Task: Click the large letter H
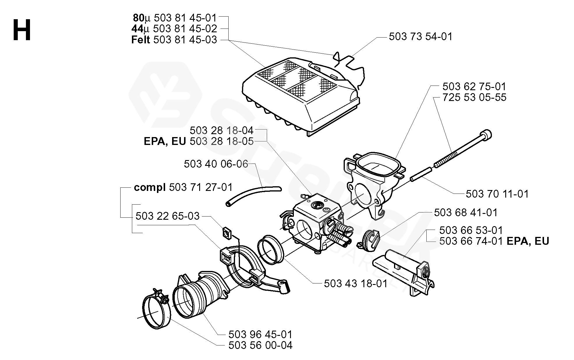tap(22, 31)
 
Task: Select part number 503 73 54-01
tap(421, 37)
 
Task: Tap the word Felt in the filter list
tap(141, 40)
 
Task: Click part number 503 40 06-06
tap(216, 164)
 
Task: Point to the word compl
tap(150, 187)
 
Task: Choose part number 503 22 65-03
tap(167, 216)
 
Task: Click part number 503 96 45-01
tap(260, 334)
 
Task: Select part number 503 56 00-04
tap(260, 345)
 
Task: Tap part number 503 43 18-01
tap(356, 283)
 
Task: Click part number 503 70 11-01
tap(497, 194)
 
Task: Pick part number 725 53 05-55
tap(474, 97)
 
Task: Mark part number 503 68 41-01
tap(466, 212)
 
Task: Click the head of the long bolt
tap(486, 135)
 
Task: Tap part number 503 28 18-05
tap(221, 142)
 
